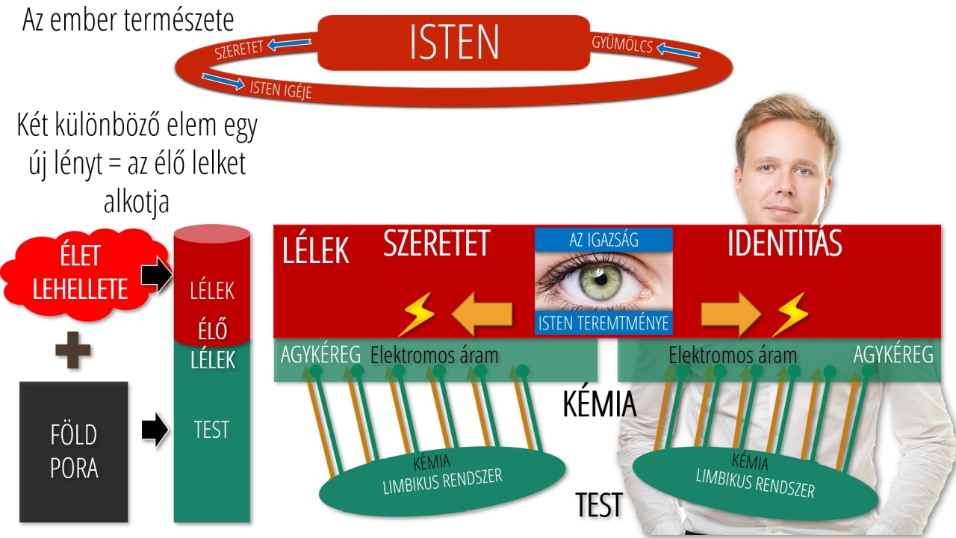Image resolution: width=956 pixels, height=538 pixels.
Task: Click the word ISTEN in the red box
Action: tap(454, 43)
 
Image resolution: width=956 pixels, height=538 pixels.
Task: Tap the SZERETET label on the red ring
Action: tap(240, 50)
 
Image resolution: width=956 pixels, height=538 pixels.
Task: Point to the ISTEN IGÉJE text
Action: tap(280, 90)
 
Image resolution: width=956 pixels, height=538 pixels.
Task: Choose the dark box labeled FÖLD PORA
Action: tap(73, 451)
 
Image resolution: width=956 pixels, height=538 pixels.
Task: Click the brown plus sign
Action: tap(73, 350)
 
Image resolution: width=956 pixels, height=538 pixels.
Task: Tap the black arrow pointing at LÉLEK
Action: tap(156, 276)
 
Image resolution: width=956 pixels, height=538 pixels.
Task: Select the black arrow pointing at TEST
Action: tap(155, 430)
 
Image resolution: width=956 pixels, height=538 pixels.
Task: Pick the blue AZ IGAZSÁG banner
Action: tap(603, 239)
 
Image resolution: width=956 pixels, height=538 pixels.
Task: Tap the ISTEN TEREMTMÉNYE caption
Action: tap(603, 324)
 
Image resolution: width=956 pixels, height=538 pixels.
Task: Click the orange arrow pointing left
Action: tap(483, 315)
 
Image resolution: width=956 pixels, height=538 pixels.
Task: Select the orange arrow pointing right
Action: tap(730, 315)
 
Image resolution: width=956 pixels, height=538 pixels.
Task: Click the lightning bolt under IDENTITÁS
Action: tap(789, 315)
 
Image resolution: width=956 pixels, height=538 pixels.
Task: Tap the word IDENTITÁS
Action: tap(784, 244)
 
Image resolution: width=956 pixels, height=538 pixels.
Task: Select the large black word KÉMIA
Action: tap(599, 404)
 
